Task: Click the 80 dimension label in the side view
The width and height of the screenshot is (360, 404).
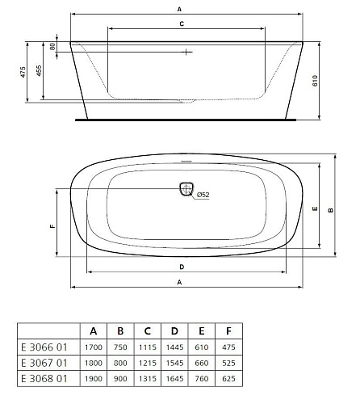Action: pyautogui.click(x=52, y=47)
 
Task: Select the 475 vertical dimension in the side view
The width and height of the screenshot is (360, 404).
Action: pyautogui.click(x=23, y=72)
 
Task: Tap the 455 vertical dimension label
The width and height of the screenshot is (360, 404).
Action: pyautogui.click(x=39, y=70)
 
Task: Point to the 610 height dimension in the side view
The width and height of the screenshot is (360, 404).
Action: pyautogui.click(x=315, y=81)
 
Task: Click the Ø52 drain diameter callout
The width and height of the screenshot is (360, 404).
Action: pyautogui.click(x=203, y=195)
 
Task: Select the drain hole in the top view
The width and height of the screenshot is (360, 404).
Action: pyautogui.click(x=186, y=188)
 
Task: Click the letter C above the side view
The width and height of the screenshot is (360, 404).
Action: pyautogui.click(x=182, y=24)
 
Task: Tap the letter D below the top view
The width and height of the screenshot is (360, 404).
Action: pyautogui.click(x=182, y=267)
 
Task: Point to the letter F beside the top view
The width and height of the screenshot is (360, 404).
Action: pyautogui.click(x=52, y=226)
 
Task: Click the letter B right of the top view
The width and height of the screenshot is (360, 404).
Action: pyautogui.click(x=331, y=210)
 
